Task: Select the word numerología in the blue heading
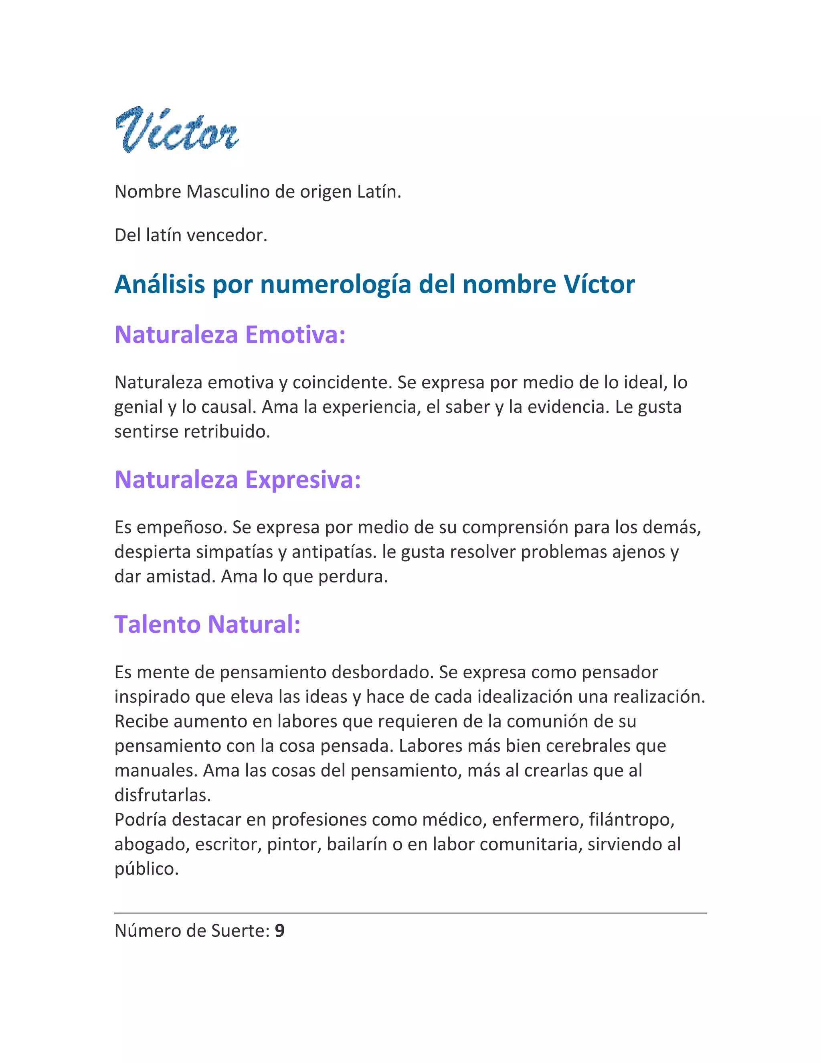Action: tap(336, 284)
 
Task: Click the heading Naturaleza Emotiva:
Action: tap(230, 335)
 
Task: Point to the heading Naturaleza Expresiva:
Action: tap(237, 479)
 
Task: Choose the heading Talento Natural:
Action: tap(207, 625)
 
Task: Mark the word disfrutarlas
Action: tap(162, 795)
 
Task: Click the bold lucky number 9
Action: tap(280, 931)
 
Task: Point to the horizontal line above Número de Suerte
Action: tap(410, 913)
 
